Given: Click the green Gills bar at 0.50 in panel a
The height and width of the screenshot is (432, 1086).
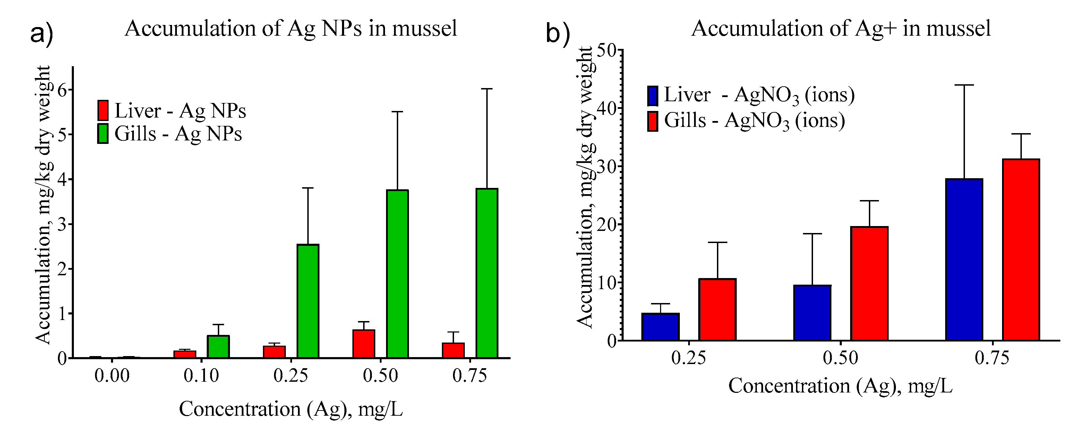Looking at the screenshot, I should [x=397, y=274].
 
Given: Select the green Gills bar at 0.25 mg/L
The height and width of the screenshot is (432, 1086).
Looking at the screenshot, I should [x=308, y=301].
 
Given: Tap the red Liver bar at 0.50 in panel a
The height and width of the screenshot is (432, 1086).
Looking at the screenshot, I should [x=364, y=344].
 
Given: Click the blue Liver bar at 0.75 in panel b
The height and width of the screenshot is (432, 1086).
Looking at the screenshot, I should [x=964, y=259].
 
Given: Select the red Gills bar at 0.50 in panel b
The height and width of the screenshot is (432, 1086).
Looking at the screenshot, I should [x=869, y=283].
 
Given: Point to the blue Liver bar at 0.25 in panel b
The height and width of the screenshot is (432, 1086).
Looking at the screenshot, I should [x=660, y=327].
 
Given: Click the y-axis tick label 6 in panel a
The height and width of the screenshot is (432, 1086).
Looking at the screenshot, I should [x=62, y=90].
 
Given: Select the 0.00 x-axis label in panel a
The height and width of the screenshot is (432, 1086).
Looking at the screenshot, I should [x=112, y=375].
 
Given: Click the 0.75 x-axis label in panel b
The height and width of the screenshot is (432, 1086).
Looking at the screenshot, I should [x=992, y=358].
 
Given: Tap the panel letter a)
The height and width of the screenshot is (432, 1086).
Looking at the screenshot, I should [x=42, y=34].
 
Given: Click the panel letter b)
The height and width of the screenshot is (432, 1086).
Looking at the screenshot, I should [x=558, y=34].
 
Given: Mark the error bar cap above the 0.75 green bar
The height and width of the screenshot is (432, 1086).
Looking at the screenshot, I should [x=487, y=89].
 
